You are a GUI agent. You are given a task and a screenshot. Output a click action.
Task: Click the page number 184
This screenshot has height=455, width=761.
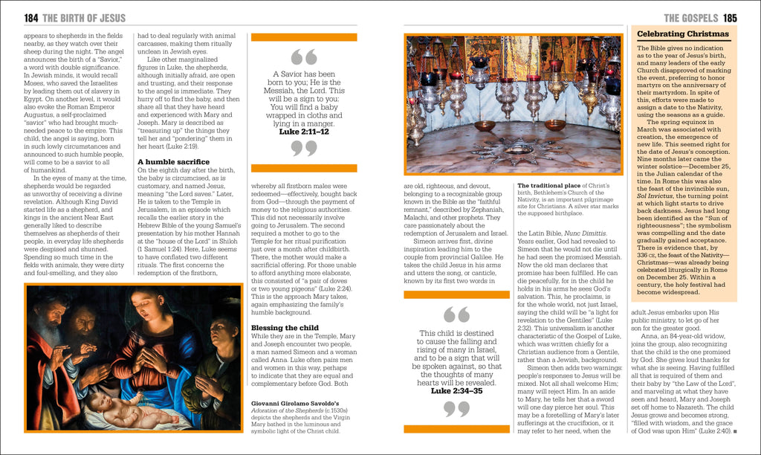tap(31, 18)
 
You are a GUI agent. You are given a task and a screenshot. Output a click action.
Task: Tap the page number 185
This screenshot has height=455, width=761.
tap(730, 18)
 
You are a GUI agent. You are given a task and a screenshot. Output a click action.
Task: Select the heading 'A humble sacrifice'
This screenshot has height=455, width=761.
tap(173, 161)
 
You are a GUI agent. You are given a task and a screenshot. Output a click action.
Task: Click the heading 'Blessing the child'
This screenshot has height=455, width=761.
tap(285, 327)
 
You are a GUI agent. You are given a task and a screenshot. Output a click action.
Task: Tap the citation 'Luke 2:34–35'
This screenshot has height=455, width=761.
tap(457, 390)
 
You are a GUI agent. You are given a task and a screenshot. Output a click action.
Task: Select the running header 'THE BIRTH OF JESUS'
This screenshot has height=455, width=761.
tap(85, 18)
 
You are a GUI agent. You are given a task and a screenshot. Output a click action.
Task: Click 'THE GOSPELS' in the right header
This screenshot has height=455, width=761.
tap(690, 18)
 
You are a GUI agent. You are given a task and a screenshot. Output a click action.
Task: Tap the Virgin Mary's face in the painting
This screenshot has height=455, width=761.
tap(144, 304)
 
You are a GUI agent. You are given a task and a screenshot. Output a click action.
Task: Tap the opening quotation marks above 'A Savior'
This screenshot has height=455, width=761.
tap(304, 57)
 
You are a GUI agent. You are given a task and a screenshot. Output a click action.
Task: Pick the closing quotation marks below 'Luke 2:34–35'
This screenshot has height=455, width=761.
tap(457, 408)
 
